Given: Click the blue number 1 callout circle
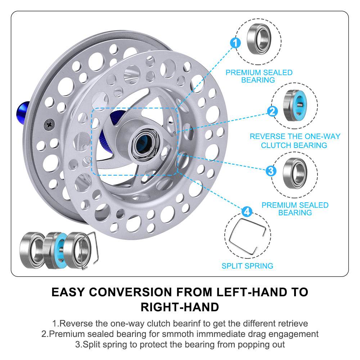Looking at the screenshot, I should [x=235, y=44].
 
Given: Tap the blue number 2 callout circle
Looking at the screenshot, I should [x=273, y=111].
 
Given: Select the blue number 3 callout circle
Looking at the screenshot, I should [x=271, y=170].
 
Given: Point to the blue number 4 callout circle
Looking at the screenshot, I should [x=247, y=211].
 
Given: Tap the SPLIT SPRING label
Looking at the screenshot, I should [x=247, y=266].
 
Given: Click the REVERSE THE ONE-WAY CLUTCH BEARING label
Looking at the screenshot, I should [x=294, y=141].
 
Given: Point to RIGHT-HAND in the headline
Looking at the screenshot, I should [x=180, y=307].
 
